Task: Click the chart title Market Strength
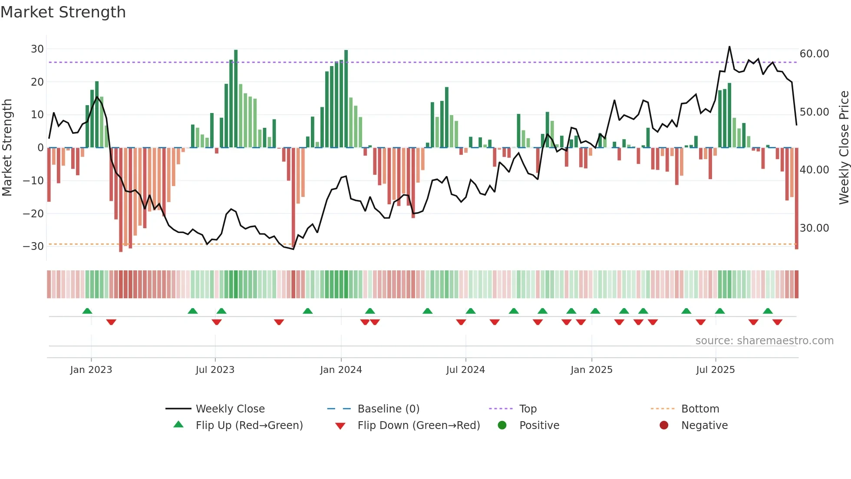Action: pos(63,12)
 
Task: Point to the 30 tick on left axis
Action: pos(37,49)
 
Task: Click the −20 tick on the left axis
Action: pos(33,213)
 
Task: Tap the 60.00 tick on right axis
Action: pos(814,54)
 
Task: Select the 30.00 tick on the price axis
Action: pos(814,228)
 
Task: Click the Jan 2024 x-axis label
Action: pos(341,370)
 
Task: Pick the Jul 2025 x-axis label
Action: pos(715,370)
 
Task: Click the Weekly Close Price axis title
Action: pos(844,148)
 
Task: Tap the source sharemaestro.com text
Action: pos(764,341)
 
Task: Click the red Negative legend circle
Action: pos(664,426)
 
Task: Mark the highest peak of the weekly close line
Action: pos(729,47)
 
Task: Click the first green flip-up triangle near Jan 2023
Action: pos(87,311)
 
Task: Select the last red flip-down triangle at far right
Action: pos(777,322)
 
